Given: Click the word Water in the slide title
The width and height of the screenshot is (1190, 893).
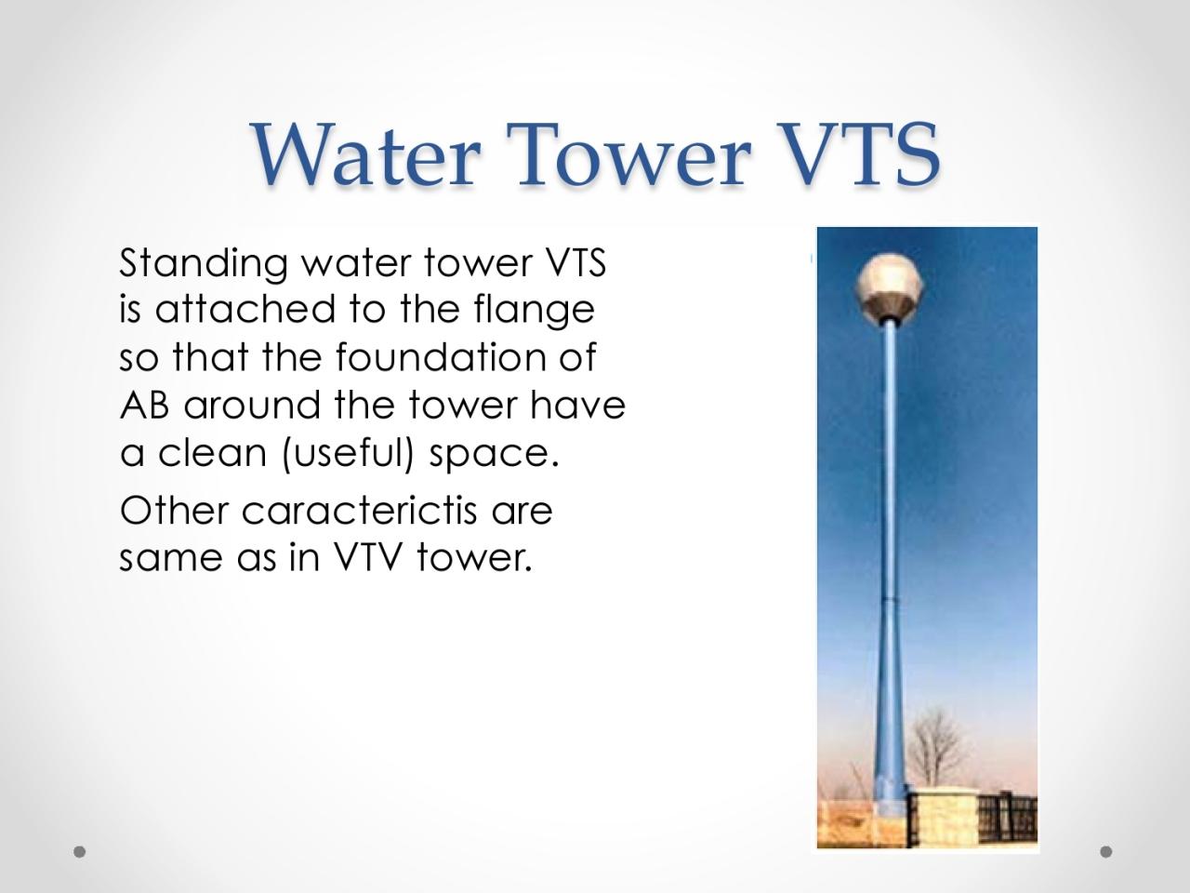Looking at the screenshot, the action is click(x=365, y=154).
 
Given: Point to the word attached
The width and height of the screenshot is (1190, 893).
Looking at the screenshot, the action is click(x=245, y=309).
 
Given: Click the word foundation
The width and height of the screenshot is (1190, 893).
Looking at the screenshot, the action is click(x=442, y=357).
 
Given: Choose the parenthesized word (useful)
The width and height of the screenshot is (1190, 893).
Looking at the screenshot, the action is click(x=348, y=454).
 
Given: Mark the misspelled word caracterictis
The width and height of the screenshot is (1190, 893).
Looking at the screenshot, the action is click(x=359, y=510).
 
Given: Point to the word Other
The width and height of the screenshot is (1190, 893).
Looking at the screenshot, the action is click(x=174, y=510).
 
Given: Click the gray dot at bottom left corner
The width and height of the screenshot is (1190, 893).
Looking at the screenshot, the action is click(x=80, y=851).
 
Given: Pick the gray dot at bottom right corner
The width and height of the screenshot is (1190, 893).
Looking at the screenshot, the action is click(x=1106, y=851).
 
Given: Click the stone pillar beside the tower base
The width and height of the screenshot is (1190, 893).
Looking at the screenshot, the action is click(x=944, y=817).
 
